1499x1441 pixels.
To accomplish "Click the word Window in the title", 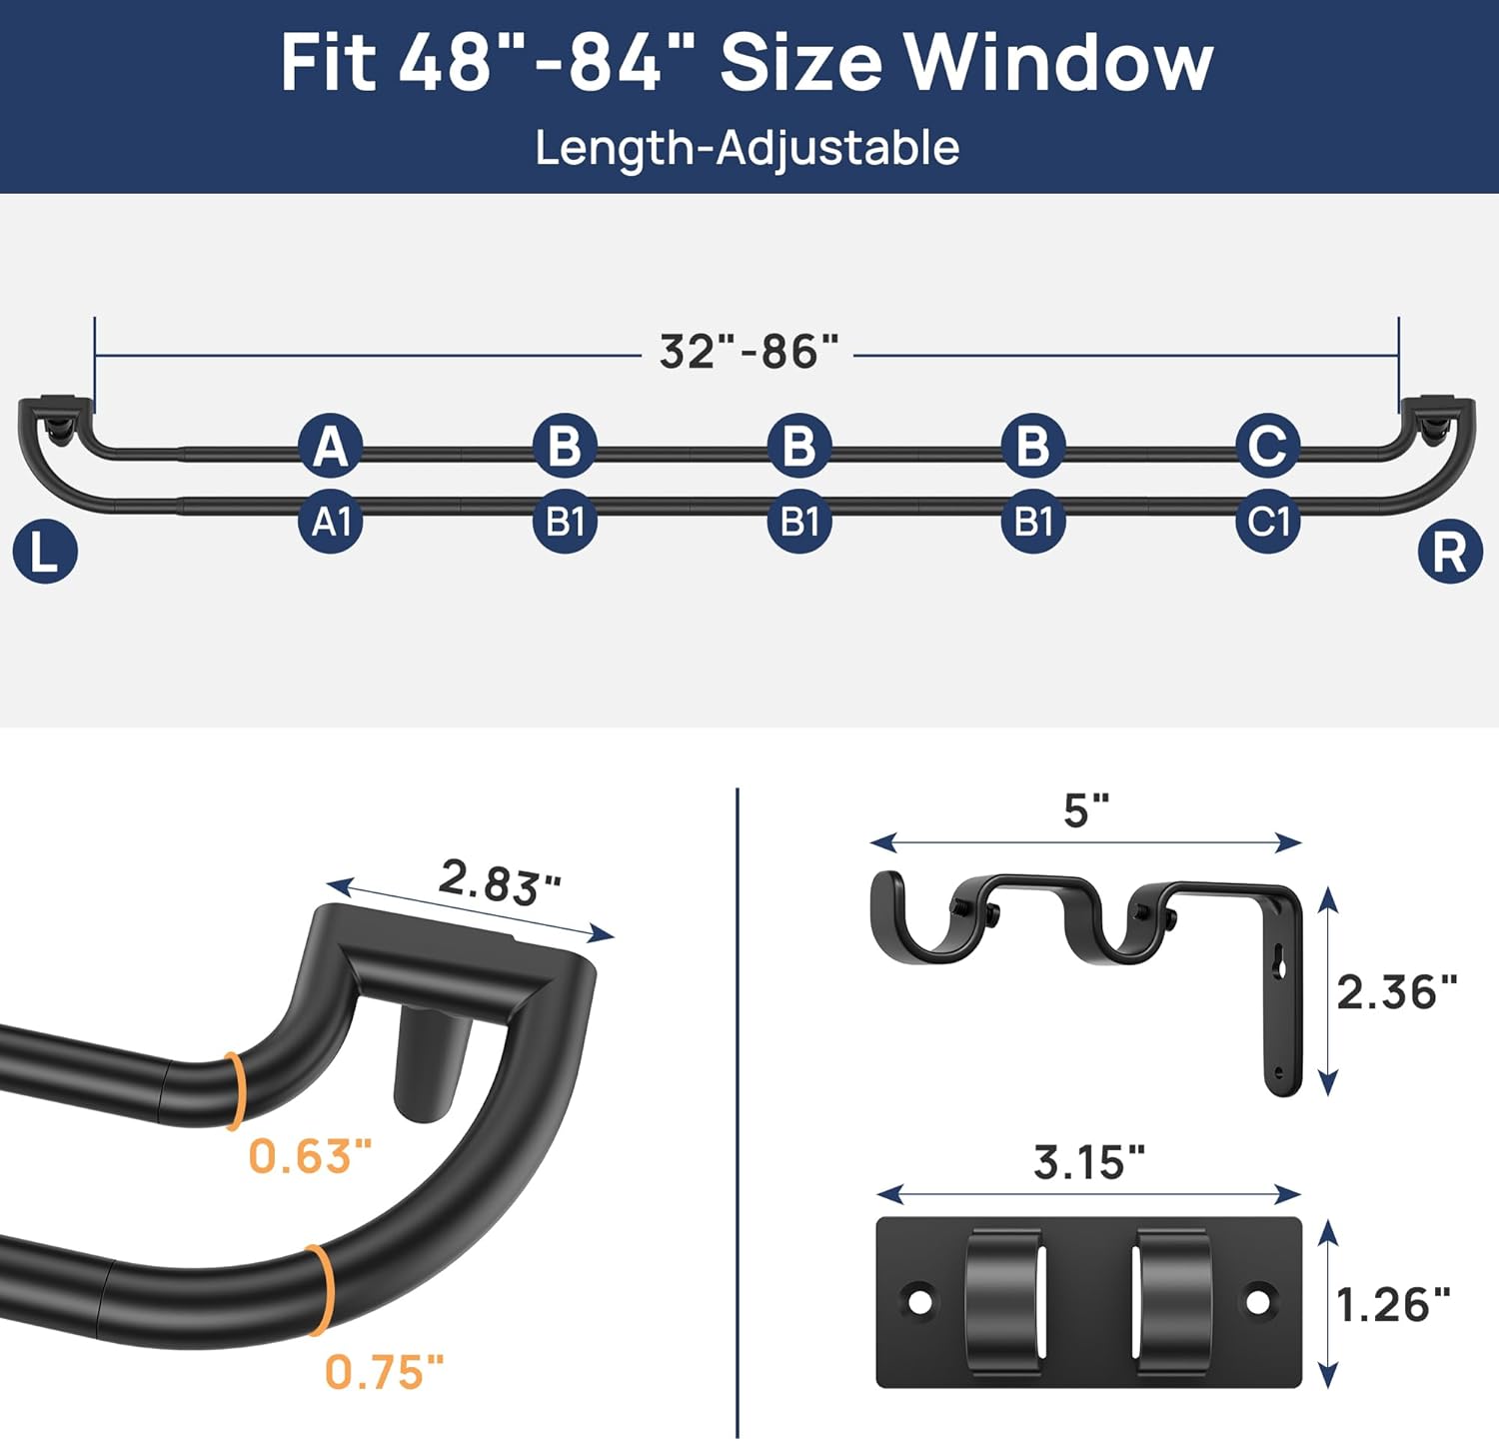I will [x=1058, y=63].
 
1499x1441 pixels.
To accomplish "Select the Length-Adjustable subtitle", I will [x=747, y=148].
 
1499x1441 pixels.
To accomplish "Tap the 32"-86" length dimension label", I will [x=749, y=352].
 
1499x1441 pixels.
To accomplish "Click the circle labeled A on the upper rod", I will [x=331, y=446].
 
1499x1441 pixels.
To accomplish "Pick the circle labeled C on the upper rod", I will [x=1267, y=446].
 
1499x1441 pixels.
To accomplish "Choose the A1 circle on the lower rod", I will [x=331, y=522].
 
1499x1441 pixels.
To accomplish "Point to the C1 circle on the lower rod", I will [x=1267, y=522].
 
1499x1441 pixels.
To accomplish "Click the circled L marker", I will [x=45, y=552].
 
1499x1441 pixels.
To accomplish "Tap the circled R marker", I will [x=1449, y=552].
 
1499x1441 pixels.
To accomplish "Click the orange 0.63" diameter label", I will [x=310, y=1156].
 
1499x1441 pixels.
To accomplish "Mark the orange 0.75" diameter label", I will [x=384, y=1372].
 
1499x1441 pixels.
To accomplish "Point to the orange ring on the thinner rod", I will [x=235, y=1090].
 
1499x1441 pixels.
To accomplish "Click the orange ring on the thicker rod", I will [x=320, y=1289].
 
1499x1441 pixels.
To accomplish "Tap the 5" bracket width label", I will [x=1086, y=810].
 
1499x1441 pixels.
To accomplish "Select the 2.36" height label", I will [x=1396, y=992].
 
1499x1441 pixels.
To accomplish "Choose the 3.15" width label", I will [x=1088, y=1162].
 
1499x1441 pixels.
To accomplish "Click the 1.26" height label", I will [x=1392, y=1305].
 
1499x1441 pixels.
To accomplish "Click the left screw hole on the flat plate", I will [x=919, y=1301].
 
